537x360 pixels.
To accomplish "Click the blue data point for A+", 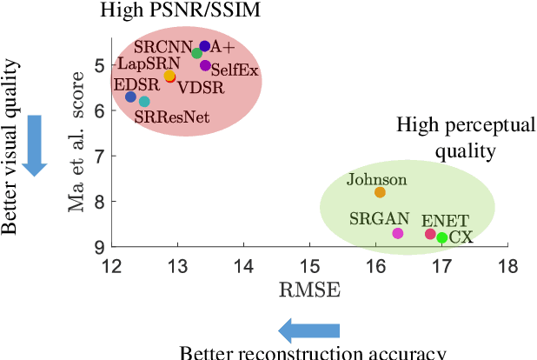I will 205,46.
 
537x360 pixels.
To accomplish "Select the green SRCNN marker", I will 197,54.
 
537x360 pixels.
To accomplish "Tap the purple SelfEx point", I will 205,65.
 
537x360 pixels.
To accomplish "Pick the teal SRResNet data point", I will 144,102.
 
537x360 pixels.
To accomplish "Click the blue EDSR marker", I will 130,97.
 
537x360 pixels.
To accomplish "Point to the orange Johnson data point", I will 380,192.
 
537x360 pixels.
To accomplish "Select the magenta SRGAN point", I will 398,233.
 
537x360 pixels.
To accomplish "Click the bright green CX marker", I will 442,237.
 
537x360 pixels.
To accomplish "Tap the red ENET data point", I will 430,234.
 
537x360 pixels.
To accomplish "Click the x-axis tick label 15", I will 308,265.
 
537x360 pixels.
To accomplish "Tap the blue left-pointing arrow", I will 308,330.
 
